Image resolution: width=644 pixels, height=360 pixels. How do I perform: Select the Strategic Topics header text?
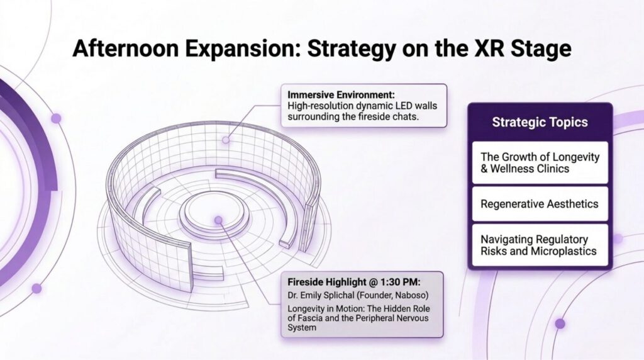click(540, 122)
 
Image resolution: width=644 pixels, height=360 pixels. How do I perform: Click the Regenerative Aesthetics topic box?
click(540, 204)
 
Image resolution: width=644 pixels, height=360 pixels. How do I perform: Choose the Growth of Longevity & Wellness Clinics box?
click(540, 163)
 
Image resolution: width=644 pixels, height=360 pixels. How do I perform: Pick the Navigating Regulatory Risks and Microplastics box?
click(540, 245)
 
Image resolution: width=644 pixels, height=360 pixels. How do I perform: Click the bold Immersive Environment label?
click(341, 95)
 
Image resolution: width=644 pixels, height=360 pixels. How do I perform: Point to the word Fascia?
click(309, 318)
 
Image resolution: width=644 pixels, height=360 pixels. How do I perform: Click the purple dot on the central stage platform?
click(218, 220)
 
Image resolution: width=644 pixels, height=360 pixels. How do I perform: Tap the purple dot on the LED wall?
click(226, 140)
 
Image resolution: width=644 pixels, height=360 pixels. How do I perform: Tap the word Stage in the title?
click(541, 49)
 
